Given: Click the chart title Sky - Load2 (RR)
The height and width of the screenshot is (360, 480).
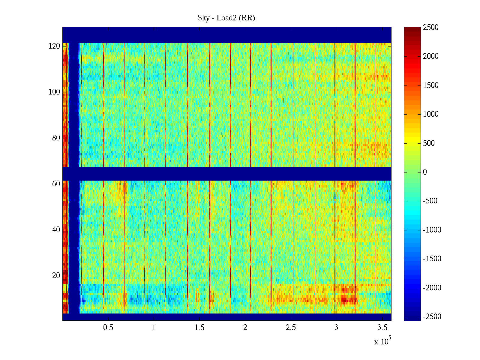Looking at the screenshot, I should tap(226, 18).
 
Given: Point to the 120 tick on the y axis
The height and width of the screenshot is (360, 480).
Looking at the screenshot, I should tap(54, 46).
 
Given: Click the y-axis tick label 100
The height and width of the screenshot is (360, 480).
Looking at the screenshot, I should tap(54, 92).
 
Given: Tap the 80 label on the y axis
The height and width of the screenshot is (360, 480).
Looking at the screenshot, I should tap(56, 138).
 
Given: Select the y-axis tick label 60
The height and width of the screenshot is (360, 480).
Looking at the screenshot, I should tap(56, 184).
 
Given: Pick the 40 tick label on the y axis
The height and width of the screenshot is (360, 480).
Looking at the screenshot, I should tap(56, 230).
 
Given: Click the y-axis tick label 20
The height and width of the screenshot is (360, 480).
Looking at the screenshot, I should tap(56, 276).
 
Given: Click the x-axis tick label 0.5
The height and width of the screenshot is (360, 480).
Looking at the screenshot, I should tap(108, 328).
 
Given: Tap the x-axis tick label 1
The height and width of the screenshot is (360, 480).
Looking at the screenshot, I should tap(154, 328).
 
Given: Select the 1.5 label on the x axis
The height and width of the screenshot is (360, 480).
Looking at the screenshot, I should tap(199, 328).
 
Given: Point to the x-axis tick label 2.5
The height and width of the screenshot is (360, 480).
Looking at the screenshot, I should tap(291, 328).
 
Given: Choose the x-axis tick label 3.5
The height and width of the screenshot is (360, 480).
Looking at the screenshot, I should tap(382, 328).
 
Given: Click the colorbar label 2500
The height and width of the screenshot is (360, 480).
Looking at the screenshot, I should tap(430, 28).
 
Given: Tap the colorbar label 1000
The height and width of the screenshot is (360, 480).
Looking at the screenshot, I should tap(430, 114).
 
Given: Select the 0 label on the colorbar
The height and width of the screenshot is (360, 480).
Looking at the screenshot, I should tap(425, 172).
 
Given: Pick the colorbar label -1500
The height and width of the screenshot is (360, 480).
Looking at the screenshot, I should tap(432, 259).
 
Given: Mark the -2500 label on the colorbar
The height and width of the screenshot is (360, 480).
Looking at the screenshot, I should tap(432, 317).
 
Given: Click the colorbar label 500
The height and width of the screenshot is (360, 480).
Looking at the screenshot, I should tap(429, 143).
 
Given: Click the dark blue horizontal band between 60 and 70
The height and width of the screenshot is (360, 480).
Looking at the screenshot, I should tap(227, 174).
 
